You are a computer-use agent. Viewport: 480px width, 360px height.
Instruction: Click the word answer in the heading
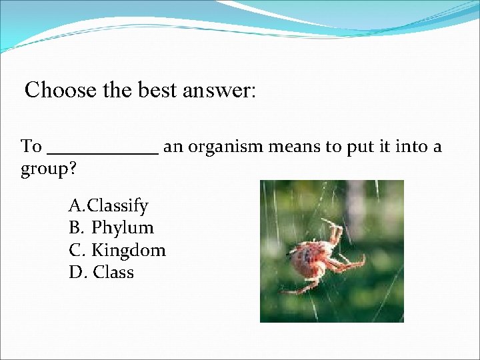click(x=219, y=90)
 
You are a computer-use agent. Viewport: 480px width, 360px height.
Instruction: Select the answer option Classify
click(x=118, y=205)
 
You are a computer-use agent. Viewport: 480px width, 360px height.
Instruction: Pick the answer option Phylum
click(x=123, y=228)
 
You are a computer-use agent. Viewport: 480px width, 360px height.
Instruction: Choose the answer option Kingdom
click(x=128, y=250)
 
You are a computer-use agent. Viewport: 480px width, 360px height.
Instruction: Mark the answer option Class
click(x=113, y=273)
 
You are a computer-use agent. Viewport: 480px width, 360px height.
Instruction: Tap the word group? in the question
click(x=49, y=169)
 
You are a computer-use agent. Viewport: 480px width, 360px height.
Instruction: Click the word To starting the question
click(x=31, y=147)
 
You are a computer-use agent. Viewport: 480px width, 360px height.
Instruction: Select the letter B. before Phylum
click(x=76, y=228)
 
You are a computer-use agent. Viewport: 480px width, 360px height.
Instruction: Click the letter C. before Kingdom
click(x=77, y=250)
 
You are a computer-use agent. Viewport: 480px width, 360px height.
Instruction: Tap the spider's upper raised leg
click(x=333, y=229)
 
